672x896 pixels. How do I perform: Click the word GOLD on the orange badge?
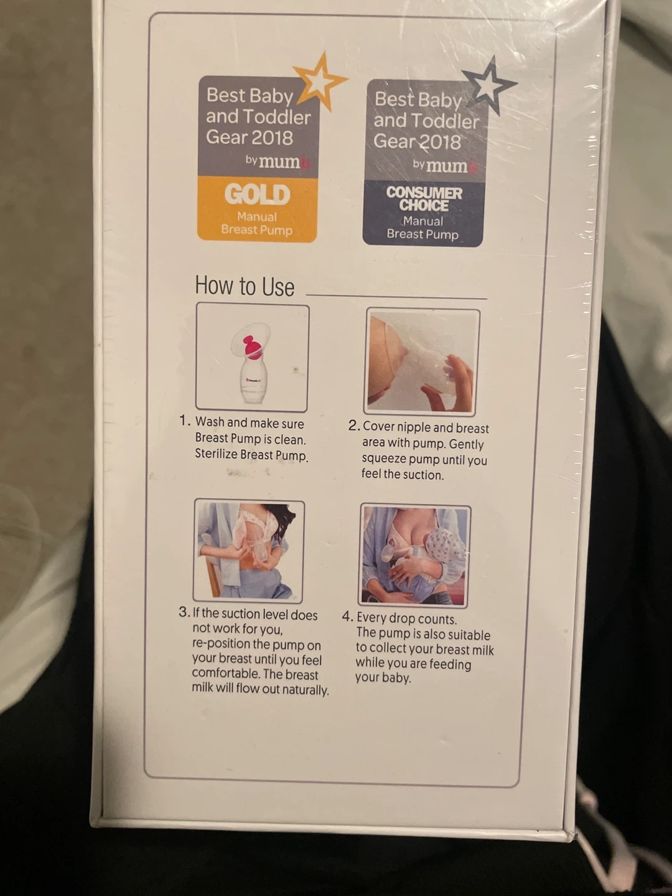click(x=258, y=194)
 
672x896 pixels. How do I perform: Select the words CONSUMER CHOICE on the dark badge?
click(x=424, y=199)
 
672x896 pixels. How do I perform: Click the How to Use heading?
click(x=245, y=286)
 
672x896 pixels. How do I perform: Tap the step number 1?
click(x=185, y=421)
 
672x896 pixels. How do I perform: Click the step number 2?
click(x=354, y=426)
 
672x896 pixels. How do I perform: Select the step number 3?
click(x=184, y=612)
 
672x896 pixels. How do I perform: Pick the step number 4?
click(x=348, y=617)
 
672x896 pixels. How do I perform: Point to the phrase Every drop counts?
click(x=407, y=619)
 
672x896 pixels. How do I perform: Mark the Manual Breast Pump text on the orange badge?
click(x=256, y=223)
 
